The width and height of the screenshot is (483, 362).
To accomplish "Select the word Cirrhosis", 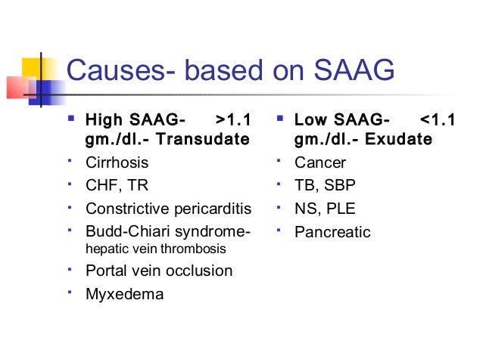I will [x=117, y=162].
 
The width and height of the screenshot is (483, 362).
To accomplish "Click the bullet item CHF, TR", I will [x=117, y=185].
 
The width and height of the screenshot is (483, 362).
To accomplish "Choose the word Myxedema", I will [x=124, y=293].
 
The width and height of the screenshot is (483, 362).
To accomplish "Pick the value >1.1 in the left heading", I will [x=233, y=120].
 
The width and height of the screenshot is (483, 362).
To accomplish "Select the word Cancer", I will [x=320, y=162].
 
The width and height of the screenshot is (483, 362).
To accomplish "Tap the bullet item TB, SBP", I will [x=326, y=185].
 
